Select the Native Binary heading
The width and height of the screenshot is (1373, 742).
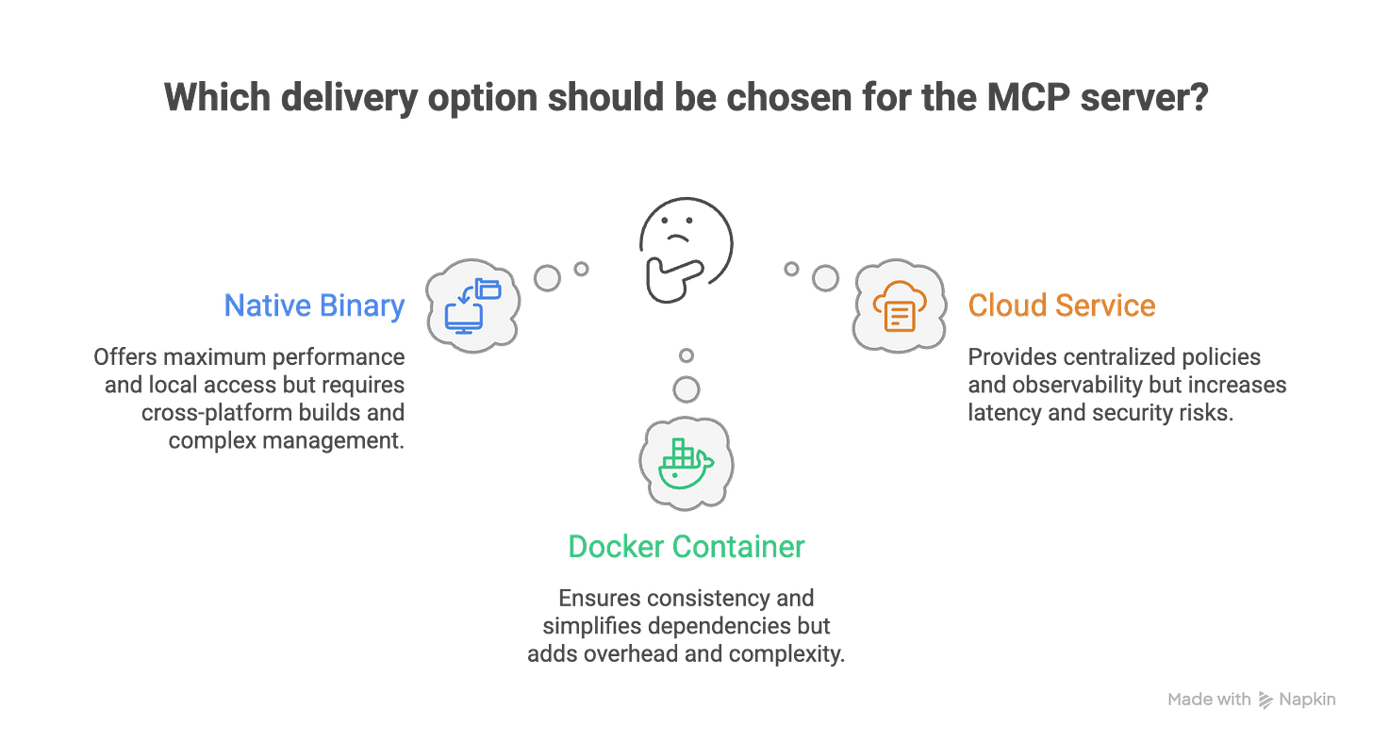(314, 306)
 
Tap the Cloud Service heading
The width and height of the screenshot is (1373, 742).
(1062, 305)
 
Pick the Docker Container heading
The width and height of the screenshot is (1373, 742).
(686, 548)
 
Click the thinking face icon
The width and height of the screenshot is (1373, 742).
(686, 245)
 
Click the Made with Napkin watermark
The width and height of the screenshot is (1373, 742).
(1250, 700)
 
